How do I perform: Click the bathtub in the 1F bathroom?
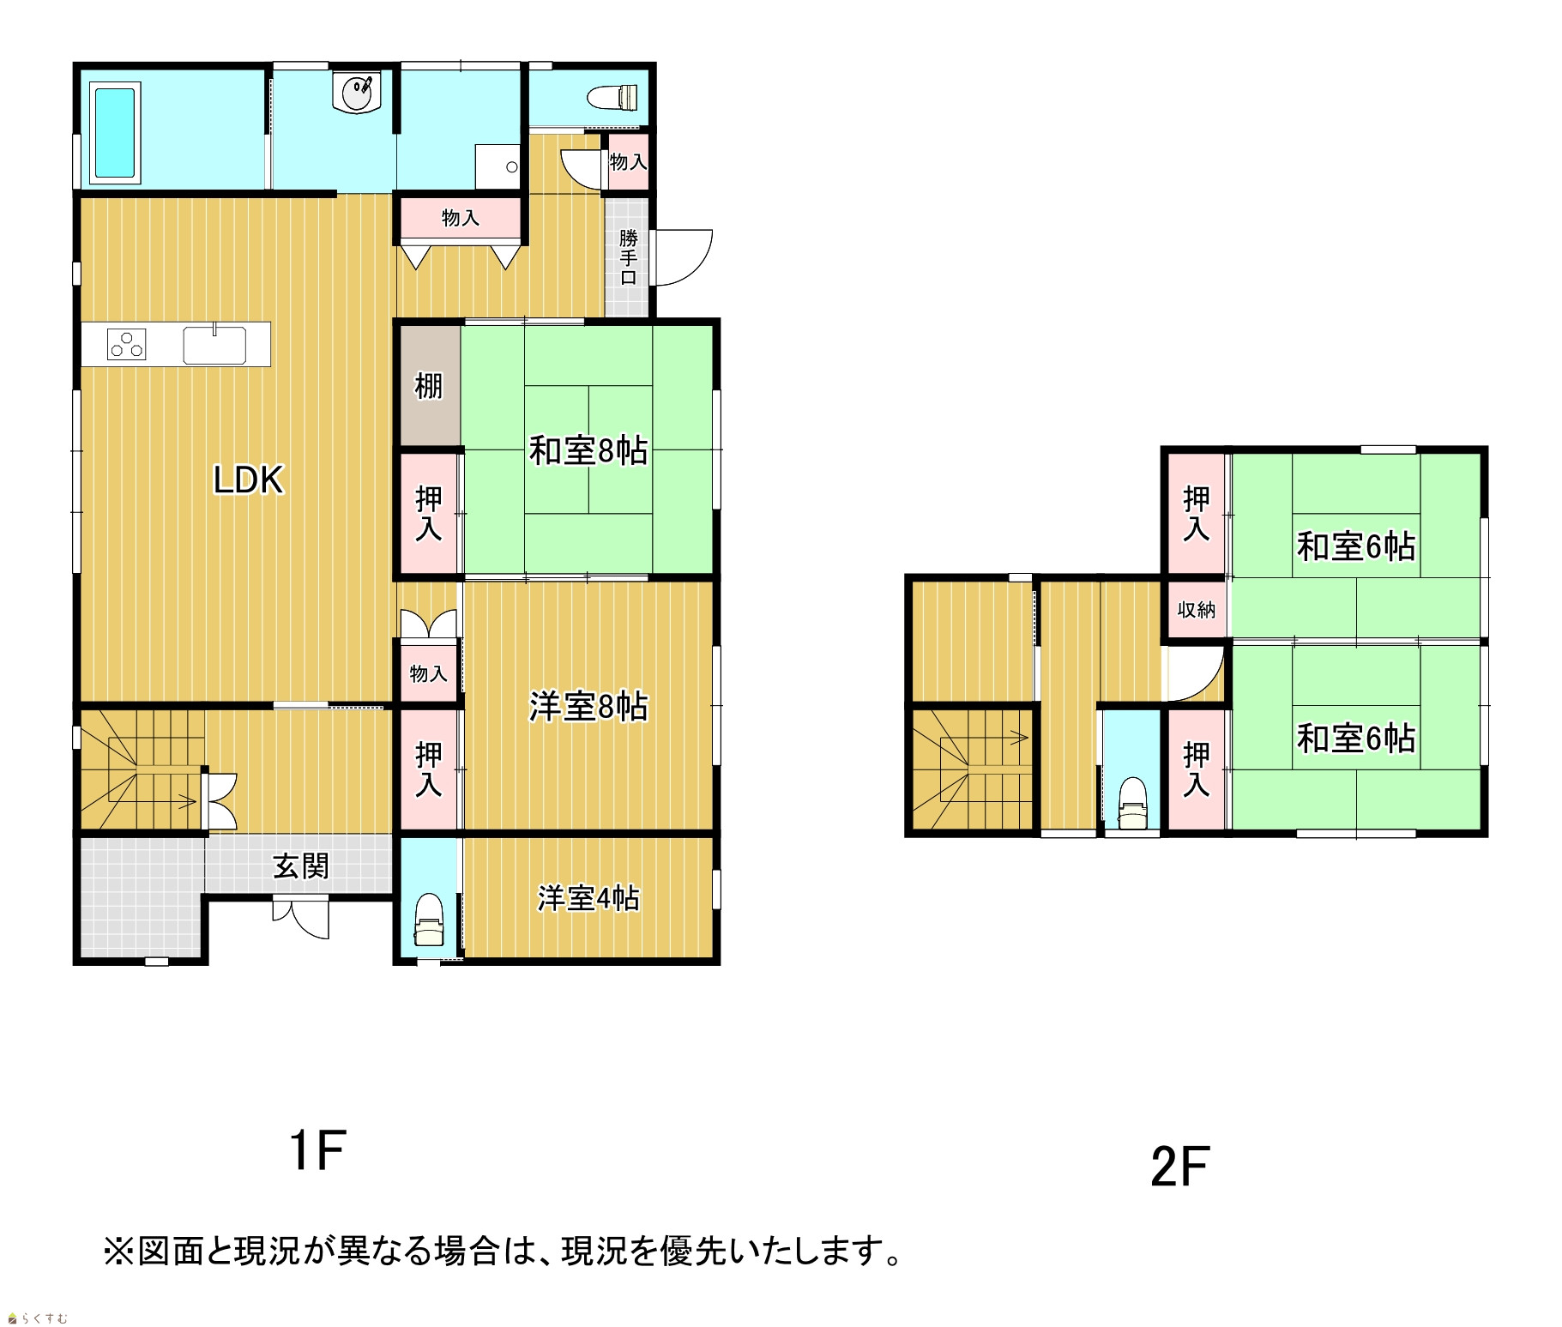point(115,133)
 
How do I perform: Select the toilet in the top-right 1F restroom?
point(615,97)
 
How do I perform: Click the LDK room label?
point(248,480)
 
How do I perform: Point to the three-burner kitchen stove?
point(126,344)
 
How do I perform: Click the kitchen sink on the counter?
point(214,345)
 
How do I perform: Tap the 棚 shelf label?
point(429,386)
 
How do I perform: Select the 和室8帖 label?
point(588,450)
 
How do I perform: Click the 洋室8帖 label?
point(588,707)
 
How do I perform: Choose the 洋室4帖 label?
point(588,898)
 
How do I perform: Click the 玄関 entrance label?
point(301,866)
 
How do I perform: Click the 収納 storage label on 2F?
point(1197,610)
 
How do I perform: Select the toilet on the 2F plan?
point(1132,804)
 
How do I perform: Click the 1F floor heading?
point(317,1150)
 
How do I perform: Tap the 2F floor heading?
point(1179,1167)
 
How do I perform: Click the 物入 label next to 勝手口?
point(628,161)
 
